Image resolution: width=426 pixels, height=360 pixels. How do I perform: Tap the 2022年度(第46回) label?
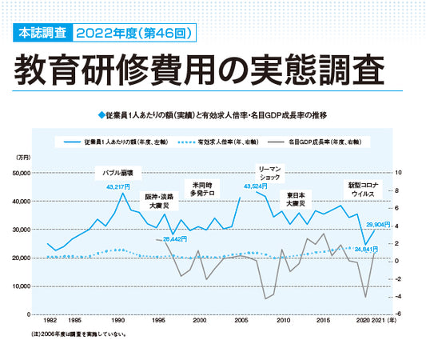point(133,34)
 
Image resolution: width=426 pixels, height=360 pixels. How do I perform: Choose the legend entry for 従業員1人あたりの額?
point(120,142)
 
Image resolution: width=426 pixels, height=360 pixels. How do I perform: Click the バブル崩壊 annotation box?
point(119,172)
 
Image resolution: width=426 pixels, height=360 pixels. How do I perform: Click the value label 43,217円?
point(117,186)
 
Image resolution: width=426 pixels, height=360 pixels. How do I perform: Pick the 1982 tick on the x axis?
point(50,319)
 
